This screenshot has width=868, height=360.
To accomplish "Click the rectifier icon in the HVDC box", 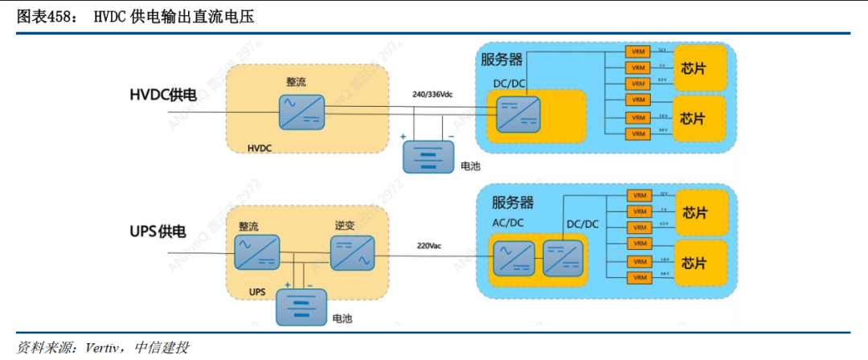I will point(302,112).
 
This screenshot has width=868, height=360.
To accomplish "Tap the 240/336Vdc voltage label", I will point(432,94).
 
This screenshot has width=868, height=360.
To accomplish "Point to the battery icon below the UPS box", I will point(302,306).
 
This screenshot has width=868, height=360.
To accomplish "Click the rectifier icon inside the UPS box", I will point(256,252).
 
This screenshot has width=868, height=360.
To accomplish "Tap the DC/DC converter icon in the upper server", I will point(518,113).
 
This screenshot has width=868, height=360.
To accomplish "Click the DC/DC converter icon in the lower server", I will point(566,257).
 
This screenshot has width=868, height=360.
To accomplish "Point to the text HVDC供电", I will point(163,95).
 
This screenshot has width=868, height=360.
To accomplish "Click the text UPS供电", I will point(158,232).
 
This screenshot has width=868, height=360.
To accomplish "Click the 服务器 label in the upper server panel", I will point(502,59).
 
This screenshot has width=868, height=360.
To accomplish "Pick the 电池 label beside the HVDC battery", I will point(470,167).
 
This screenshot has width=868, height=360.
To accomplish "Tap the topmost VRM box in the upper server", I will point(638,51).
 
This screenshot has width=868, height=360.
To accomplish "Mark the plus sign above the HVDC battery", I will point(403,137).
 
